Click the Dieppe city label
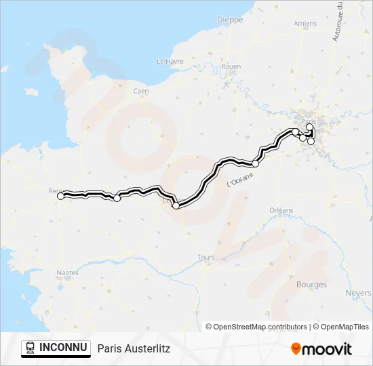229,20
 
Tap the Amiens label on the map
305,23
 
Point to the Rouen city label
231,66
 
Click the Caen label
141,91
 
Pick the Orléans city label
281,210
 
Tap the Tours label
205,258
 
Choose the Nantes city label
67,273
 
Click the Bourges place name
311,285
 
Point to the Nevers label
358,293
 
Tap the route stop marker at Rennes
60,196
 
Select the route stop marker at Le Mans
176,205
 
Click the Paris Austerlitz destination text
134,348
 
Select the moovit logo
321,349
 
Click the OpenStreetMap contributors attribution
256,327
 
